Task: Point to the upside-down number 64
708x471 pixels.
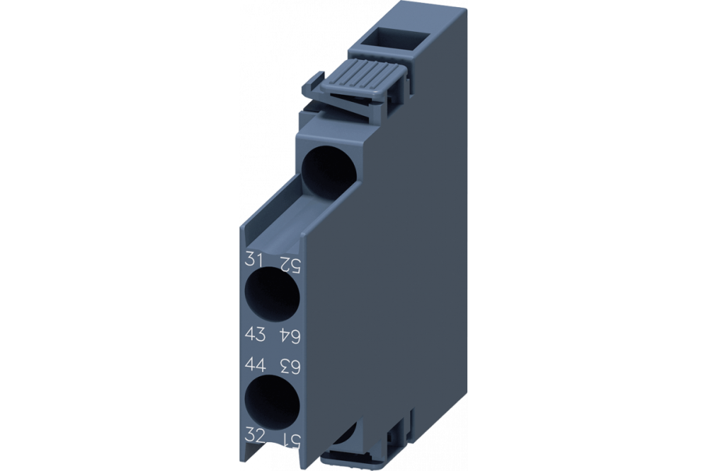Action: (x=291, y=334)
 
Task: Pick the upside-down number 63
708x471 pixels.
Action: (x=292, y=366)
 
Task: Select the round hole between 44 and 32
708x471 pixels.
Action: (x=273, y=400)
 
